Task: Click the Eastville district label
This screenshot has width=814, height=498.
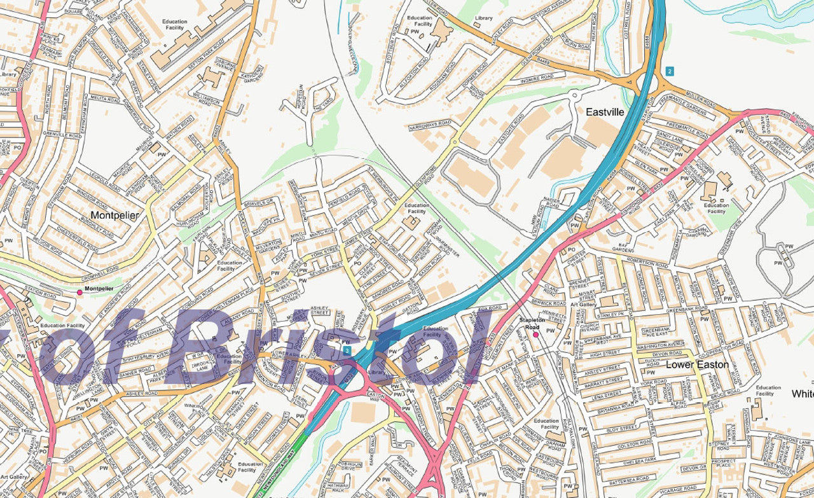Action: click(x=605, y=112)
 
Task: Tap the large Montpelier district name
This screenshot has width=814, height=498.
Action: click(x=114, y=215)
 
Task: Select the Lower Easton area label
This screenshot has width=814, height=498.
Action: click(x=688, y=365)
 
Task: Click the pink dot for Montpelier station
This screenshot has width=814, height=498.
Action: click(x=79, y=292)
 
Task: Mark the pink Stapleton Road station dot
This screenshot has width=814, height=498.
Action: click(x=535, y=334)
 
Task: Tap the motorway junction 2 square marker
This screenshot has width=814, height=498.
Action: click(x=670, y=71)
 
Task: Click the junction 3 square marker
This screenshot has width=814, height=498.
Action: click(x=346, y=350)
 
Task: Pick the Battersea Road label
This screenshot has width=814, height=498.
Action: click(x=626, y=478)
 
